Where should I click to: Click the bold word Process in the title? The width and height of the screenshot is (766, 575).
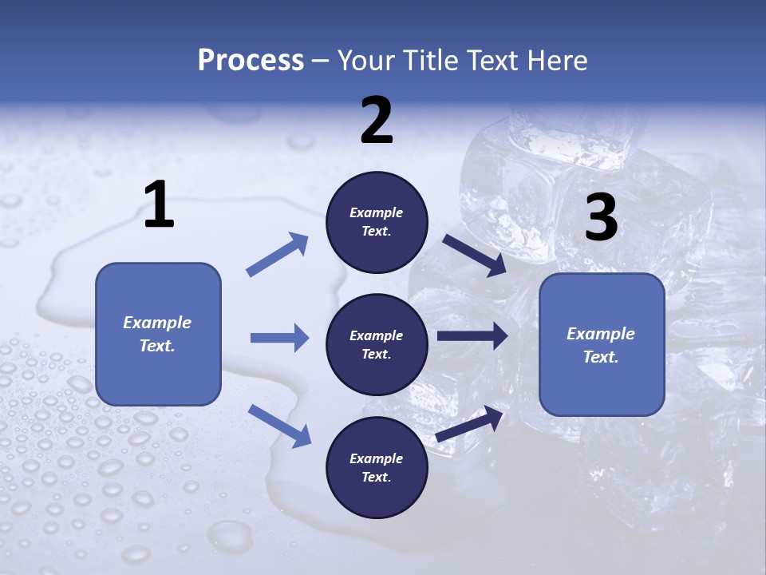pyautogui.click(x=251, y=60)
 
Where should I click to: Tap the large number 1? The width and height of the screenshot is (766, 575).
pyautogui.click(x=159, y=204)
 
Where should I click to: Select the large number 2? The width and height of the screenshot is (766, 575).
pyautogui.click(x=377, y=121)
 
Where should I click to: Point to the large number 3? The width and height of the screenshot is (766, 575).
pyautogui.click(x=602, y=218)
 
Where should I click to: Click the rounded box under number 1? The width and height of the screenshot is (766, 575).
pyautogui.click(x=158, y=334)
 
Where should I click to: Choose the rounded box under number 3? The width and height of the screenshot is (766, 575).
pyautogui.click(x=602, y=344)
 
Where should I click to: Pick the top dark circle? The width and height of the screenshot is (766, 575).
pyautogui.click(x=377, y=222)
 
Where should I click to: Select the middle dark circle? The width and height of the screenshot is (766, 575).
pyautogui.click(x=377, y=344)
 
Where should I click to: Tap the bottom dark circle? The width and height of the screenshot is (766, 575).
pyautogui.click(x=377, y=467)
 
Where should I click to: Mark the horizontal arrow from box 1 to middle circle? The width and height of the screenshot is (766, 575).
pyautogui.click(x=279, y=338)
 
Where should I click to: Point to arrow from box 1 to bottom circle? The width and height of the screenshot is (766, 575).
pyautogui.click(x=279, y=425)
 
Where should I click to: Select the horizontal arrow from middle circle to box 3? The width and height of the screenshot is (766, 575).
pyautogui.click(x=472, y=336)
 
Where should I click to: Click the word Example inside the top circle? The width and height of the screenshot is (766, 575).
pyautogui.click(x=377, y=213)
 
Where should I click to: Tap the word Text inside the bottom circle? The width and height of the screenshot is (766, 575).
pyautogui.click(x=375, y=477)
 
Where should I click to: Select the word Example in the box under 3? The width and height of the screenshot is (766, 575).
pyautogui.click(x=601, y=334)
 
